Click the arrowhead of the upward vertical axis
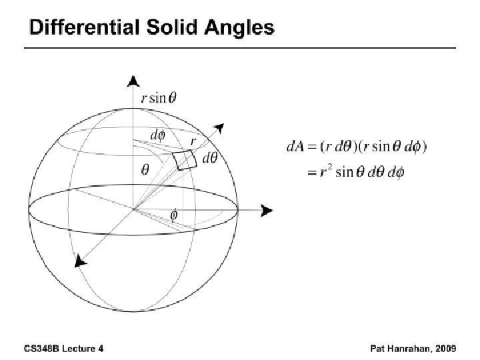click(133, 81)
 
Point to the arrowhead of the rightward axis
click(267, 211)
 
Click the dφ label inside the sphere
click(157, 134)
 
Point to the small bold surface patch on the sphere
click(183, 160)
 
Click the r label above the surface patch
click(193, 141)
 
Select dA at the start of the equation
click(295, 146)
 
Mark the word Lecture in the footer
click(77, 349)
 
